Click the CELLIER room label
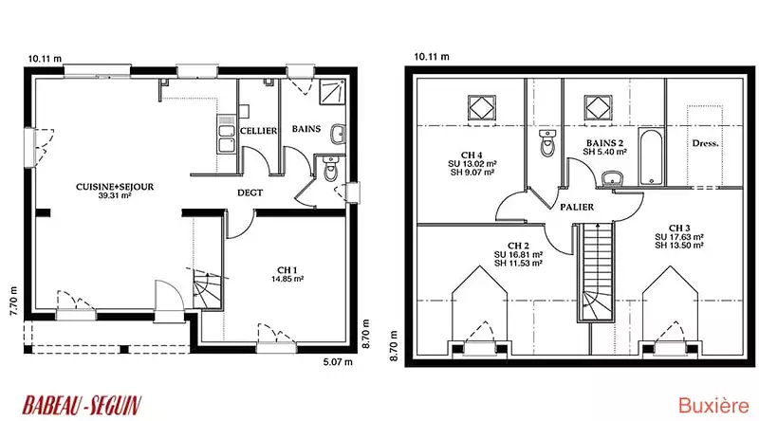tap(258, 131)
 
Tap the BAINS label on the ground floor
tap(306, 129)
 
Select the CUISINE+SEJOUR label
tap(115, 187)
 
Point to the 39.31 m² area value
tap(115, 196)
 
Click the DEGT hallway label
tap(250, 192)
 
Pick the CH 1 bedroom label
tap(287, 270)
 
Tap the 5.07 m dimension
tap(338, 362)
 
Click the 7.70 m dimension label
tap(13, 301)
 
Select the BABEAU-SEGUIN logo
tap(82, 406)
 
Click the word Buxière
tap(713, 406)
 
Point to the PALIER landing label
tap(577, 207)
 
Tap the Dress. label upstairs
tap(705, 143)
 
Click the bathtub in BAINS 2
tap(651, 156)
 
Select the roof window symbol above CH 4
tap(482, 107)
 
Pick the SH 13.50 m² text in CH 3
tap(679, 246)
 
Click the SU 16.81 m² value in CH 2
tap(518, 254)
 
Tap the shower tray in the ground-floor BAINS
tap(332, 92)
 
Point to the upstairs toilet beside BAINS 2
tap(547, 143)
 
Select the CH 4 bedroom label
tap(472, 155)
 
